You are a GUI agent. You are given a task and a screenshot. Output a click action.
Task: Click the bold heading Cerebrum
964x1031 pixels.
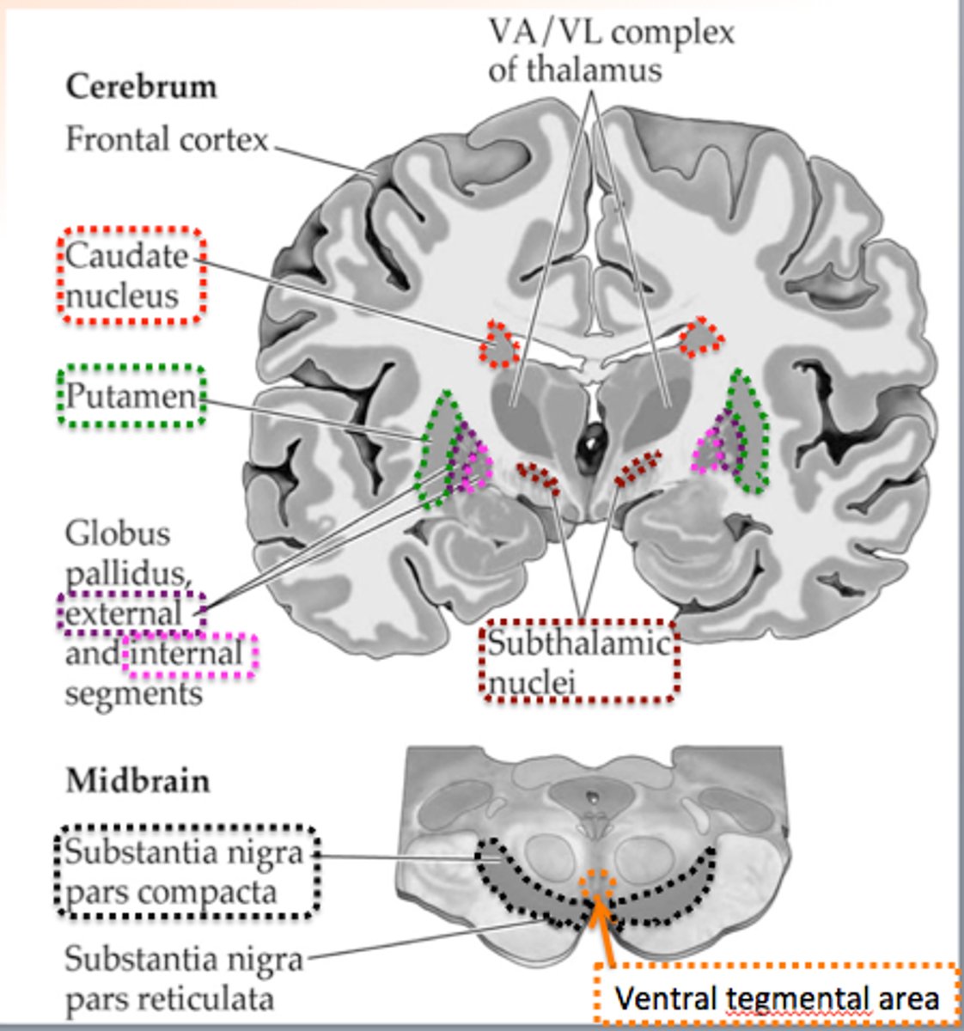click(x=142, y=87)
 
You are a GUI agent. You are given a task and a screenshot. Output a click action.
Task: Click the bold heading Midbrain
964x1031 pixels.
click(x=138, y=781)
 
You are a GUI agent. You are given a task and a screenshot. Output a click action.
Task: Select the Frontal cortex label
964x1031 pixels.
click(x=168, y=139)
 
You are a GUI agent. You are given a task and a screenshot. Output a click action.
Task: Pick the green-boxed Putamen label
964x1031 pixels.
click(x=131, y=396)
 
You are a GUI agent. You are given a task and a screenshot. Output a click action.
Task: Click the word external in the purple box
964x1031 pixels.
click(x=125, y=613)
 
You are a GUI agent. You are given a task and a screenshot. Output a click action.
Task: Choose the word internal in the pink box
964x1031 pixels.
click(x=189, y=653)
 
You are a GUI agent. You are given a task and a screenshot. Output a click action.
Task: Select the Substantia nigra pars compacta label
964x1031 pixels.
click(x=185, y=872)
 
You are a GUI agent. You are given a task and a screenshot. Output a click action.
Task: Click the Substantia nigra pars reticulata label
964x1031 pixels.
click(x=185, y=978)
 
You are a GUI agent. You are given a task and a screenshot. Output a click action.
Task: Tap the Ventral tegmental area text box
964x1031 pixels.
click(x=777, y=998)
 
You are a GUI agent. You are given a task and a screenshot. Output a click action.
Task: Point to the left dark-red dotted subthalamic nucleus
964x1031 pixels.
click(x=539, y=478)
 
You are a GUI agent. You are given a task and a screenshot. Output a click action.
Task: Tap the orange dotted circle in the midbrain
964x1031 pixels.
click(x=596, y=884)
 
